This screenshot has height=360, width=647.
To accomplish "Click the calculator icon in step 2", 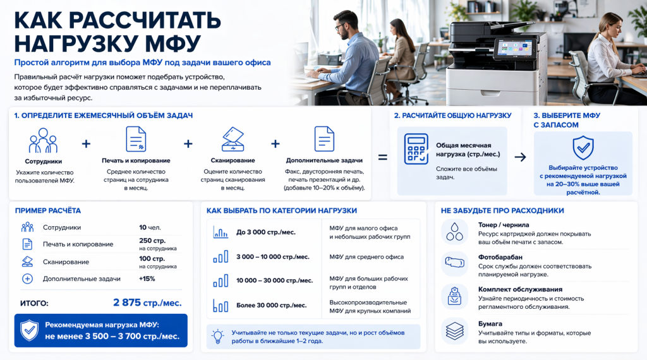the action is pyautogui.click(x=416, y=149).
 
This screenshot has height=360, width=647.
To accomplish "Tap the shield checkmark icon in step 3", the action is pyautogui.click(x=583, y=148).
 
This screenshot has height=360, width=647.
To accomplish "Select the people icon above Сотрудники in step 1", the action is pyautogui.click(x=43, y=141).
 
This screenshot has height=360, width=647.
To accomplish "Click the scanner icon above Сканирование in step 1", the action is pyautogui.click(x=233, y=140).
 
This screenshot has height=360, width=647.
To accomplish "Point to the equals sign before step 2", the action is pyautogui.click(x=382, y=157).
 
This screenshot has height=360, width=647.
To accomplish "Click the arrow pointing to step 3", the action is pyautogui.click(x=520, y=157).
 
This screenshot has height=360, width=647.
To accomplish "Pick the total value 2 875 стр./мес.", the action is pyautogui.click(x=147, y=303).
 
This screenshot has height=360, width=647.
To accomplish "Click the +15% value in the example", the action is pyautogui.click(x=147, y=279).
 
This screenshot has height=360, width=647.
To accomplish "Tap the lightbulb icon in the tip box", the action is pyautogui.click(x=217, y=337).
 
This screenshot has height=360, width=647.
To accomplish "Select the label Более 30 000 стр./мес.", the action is pyautogui.click(x=271, y=306).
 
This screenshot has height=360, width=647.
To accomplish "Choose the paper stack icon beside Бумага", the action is pyautogui.click(x=454, y=331).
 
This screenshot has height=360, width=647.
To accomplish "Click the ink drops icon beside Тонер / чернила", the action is pyautogui.click(x=454, y=231).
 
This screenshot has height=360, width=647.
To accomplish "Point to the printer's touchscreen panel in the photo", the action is pyautogui.click(x=514, y=49).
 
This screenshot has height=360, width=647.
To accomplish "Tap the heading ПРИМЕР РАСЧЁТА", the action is pyautogui.click(x=48, y=211).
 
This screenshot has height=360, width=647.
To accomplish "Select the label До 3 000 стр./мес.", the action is pyautogui.click(x=266, y=232).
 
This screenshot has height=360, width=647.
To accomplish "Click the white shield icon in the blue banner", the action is pyautogui.click(x=29, y=330).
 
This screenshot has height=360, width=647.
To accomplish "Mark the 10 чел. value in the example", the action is pyautogui.click(x=150, y=227).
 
